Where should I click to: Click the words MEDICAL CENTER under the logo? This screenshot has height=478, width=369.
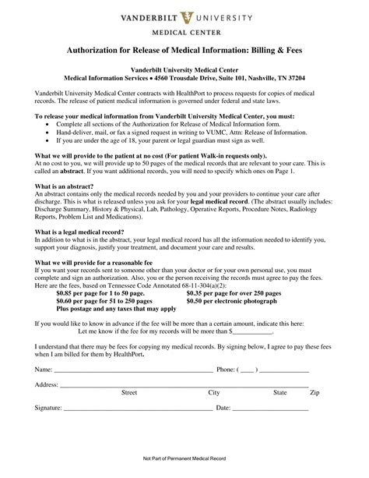coord(184,33)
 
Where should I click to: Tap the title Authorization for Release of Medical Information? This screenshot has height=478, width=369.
coord(184,51)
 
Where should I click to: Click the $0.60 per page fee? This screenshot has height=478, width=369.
coord(104,301)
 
